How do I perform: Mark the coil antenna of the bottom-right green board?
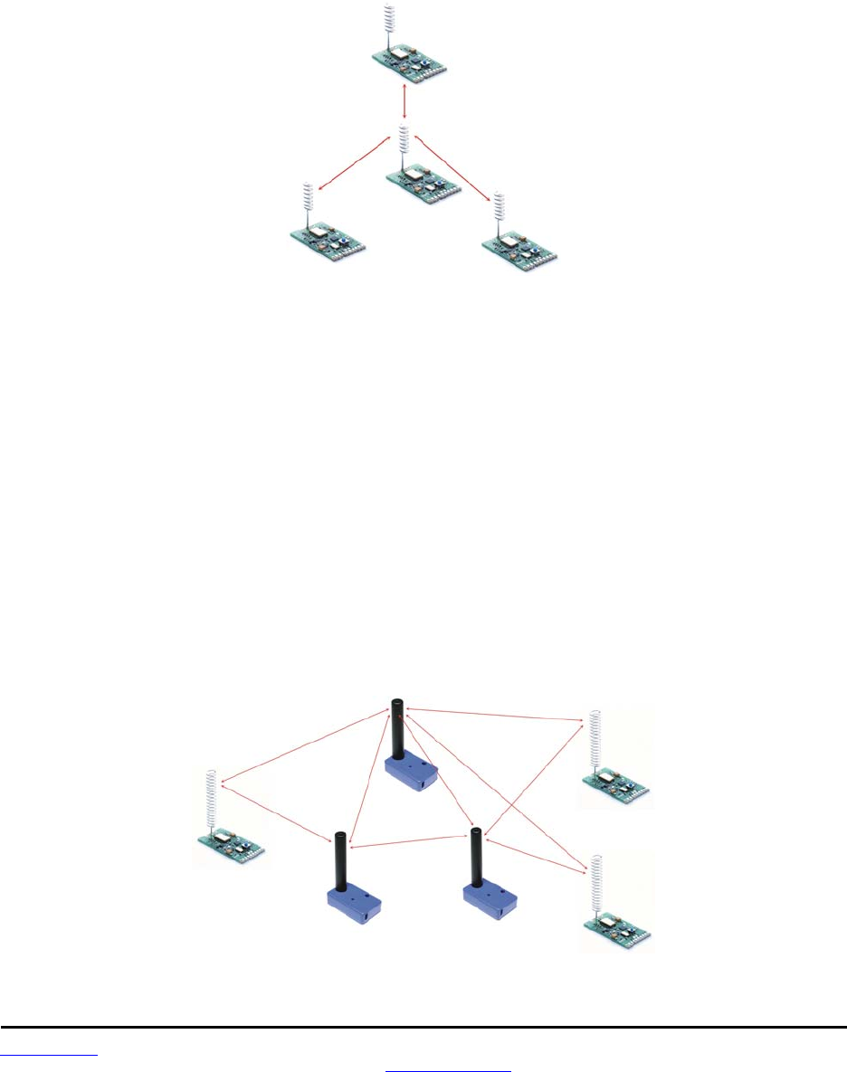pos(596,886)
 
